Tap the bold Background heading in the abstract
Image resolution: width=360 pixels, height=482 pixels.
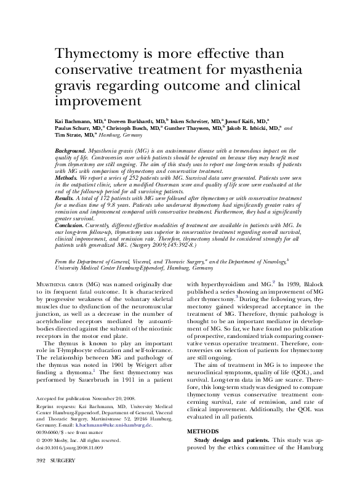[70, 150]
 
